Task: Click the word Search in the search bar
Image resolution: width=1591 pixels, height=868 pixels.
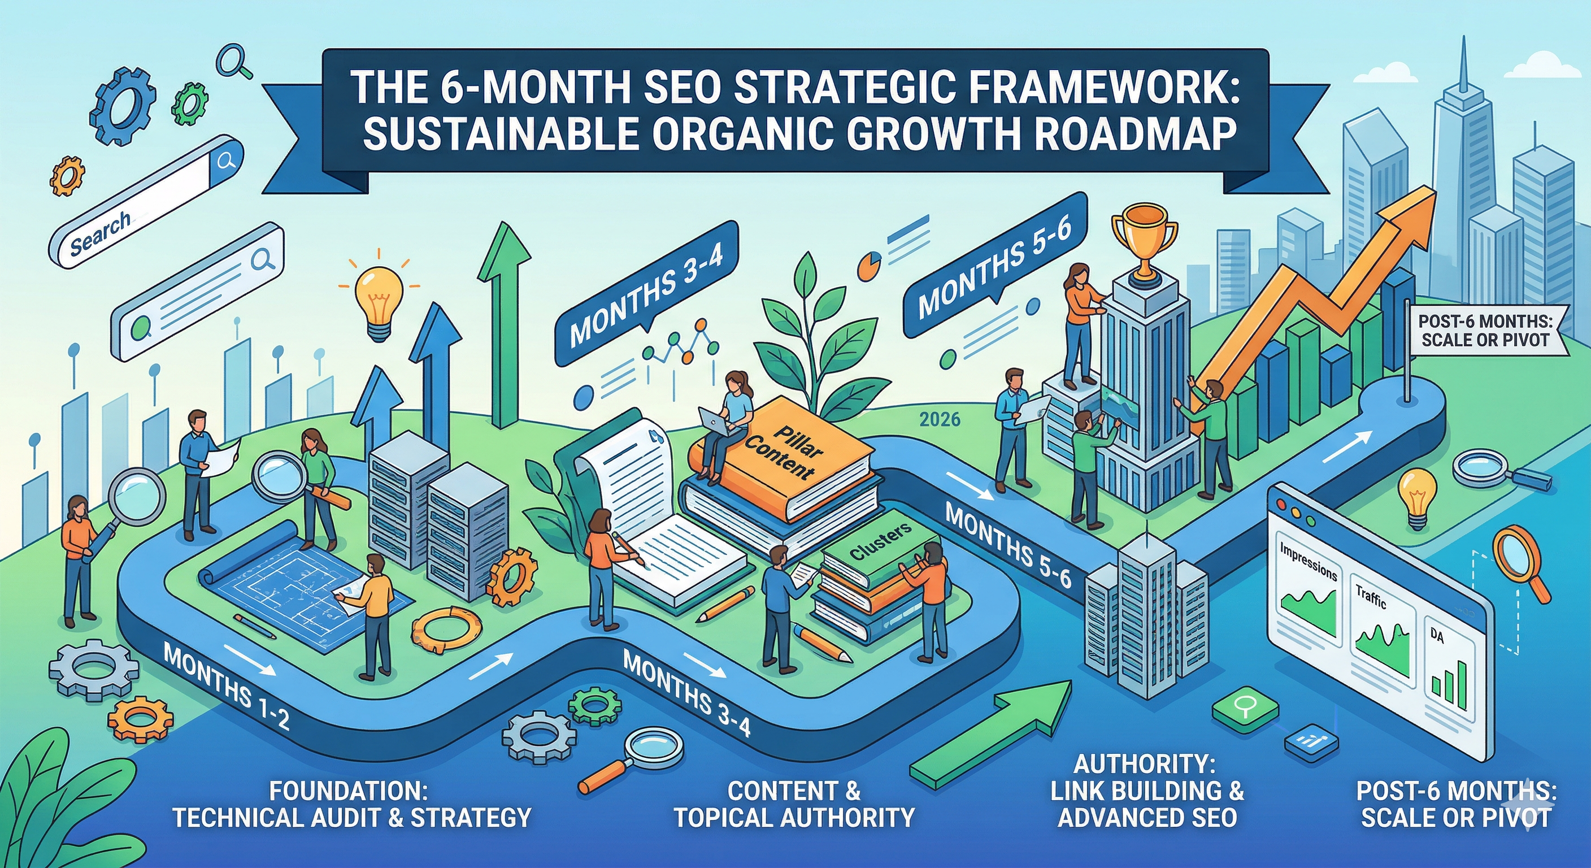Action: (x=99, y=233)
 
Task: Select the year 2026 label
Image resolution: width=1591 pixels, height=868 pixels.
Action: (x=940, y=420)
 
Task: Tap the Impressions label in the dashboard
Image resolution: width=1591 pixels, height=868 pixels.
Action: (x=1307, y=562)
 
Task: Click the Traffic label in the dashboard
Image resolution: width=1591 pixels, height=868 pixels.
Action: (x=1371, y=597)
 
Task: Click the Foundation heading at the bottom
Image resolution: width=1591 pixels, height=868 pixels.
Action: (x=349, y=791)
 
